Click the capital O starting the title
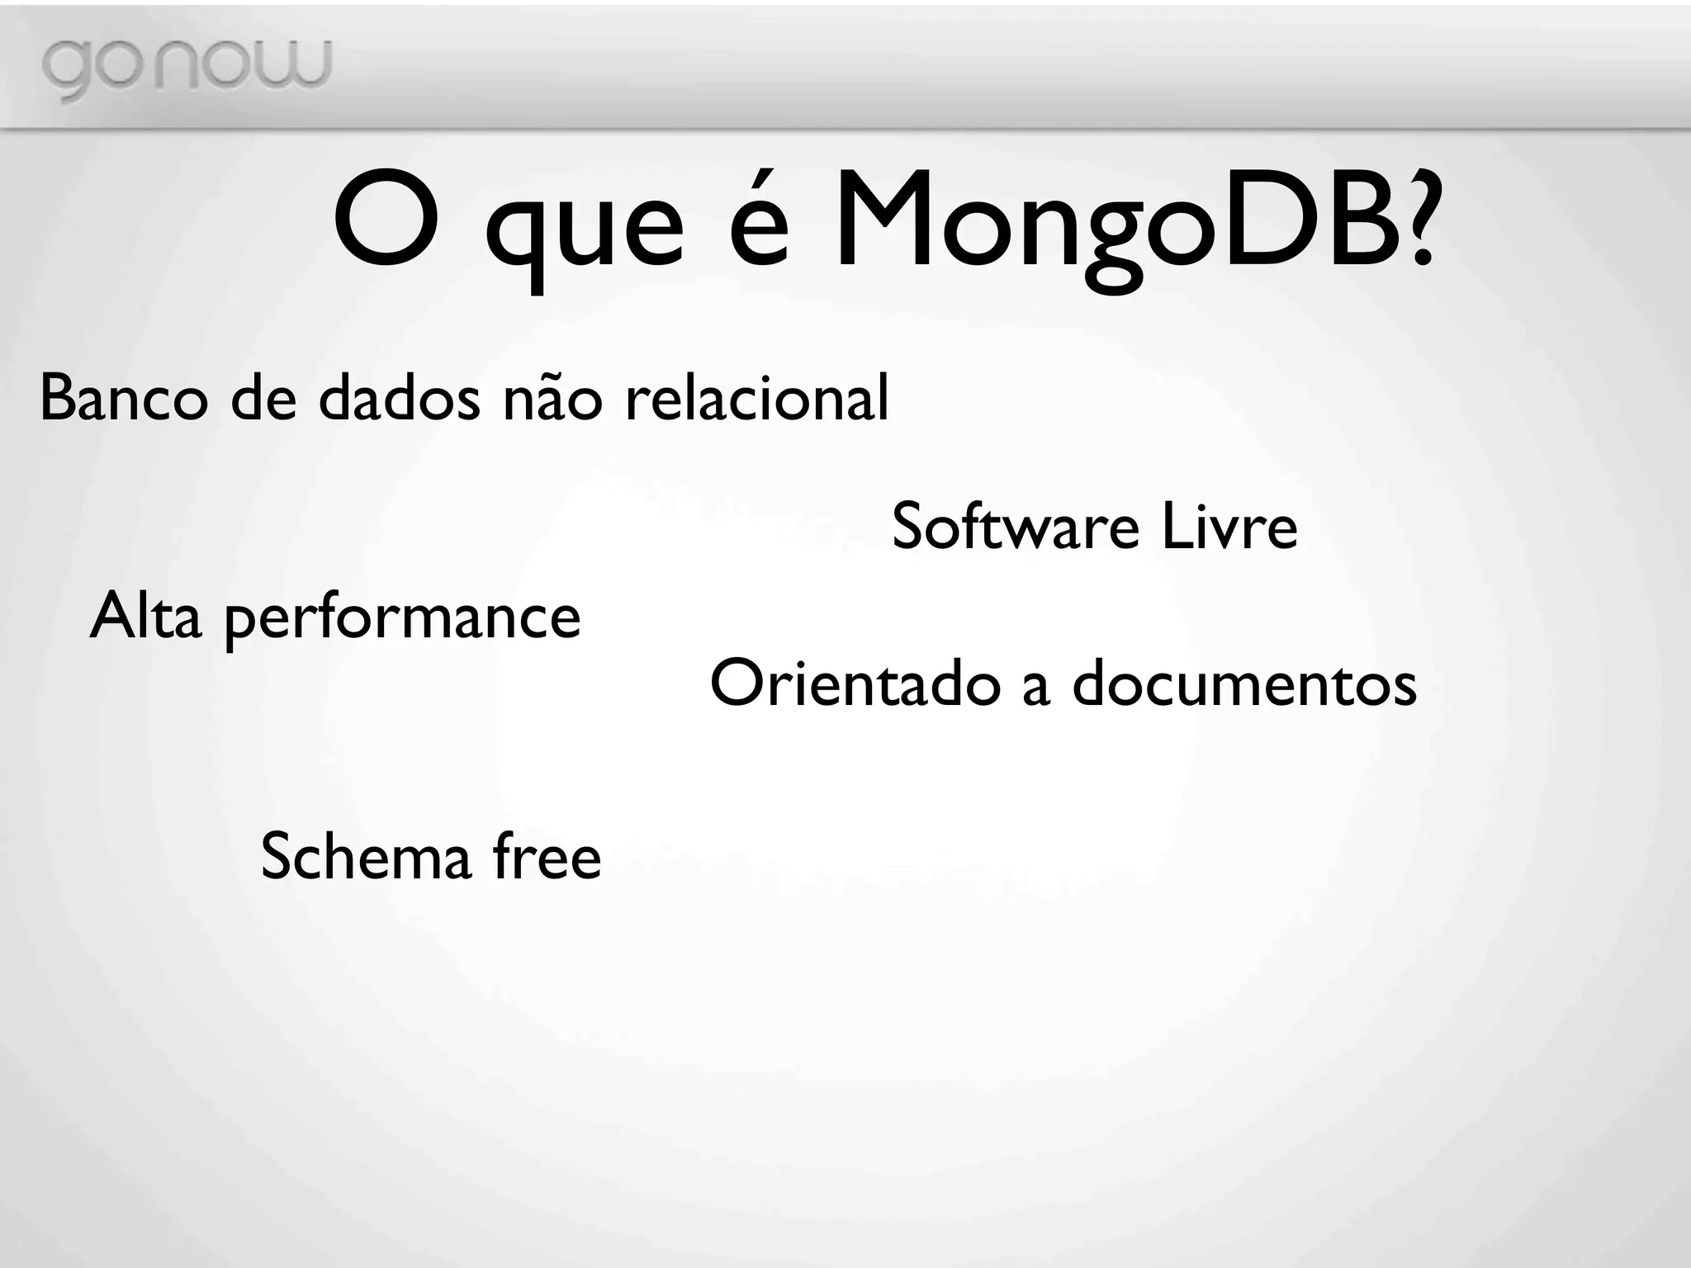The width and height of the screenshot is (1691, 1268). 386,221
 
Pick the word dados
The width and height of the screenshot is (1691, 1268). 399,398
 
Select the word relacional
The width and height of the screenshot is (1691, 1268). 757,398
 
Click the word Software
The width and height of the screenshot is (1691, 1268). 1015,527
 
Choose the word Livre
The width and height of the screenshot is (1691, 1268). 1229,527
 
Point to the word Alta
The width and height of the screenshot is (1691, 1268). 145,616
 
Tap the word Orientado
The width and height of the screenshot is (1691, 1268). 855,684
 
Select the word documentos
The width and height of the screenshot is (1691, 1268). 1244,684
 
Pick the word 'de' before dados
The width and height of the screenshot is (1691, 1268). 263,398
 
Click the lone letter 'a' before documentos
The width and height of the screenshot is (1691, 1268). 1036,688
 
